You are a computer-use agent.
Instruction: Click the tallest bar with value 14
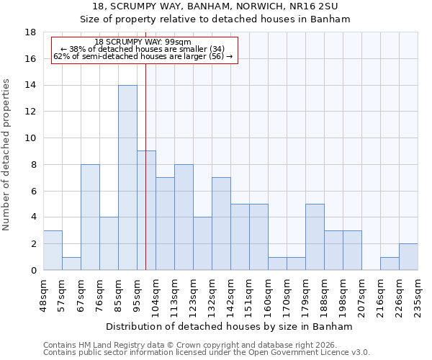(x=127, y=177)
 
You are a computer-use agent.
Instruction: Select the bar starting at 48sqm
(x=53, y=250)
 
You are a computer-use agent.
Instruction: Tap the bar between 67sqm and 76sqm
(x=90, y=217)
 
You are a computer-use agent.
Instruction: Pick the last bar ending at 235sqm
(x=408, y=257)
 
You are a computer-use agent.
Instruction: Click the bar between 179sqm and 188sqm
(x=315, y=237)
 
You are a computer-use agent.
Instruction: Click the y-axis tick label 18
(x=30, y=32)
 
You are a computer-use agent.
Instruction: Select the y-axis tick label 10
(x=30, y=138)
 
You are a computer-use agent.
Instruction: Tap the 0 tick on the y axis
(x=33, y=271)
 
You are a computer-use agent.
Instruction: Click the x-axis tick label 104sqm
(x=156, y=295)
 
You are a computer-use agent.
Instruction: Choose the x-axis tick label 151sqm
(x=250, y=295)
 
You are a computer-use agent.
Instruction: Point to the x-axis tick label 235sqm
(x=418, y=295)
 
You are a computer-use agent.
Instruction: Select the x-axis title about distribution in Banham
(x=230, y=326)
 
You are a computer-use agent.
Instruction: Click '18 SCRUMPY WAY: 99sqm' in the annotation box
(x=143, y=42)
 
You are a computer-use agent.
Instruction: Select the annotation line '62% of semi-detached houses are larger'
(x=143, y=56)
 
